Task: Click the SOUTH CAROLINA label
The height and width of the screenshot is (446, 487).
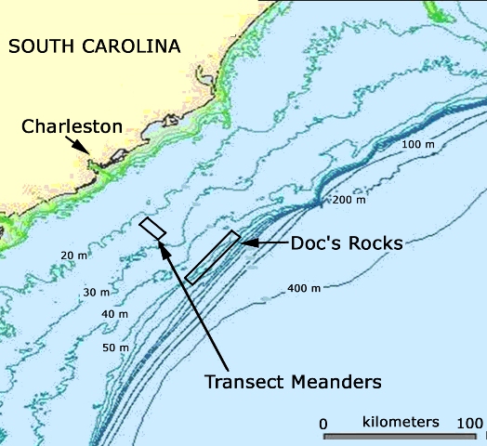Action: click(94, 46)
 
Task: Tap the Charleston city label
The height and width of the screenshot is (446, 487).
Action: click(72, 126)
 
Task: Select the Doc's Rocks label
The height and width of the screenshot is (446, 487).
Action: click(333, 243)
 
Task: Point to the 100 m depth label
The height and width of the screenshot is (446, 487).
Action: click(416, 145)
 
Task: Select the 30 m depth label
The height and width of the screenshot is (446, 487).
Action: click(97, 292)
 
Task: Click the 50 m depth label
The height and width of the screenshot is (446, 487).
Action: click(115, 348)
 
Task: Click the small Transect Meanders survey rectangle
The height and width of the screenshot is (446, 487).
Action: click(152, 229)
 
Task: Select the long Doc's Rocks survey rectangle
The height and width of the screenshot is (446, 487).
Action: click(212, 257)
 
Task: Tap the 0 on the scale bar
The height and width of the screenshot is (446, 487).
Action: click(323, 424)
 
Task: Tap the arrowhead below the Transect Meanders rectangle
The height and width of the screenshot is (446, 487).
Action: click(163, 247)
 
